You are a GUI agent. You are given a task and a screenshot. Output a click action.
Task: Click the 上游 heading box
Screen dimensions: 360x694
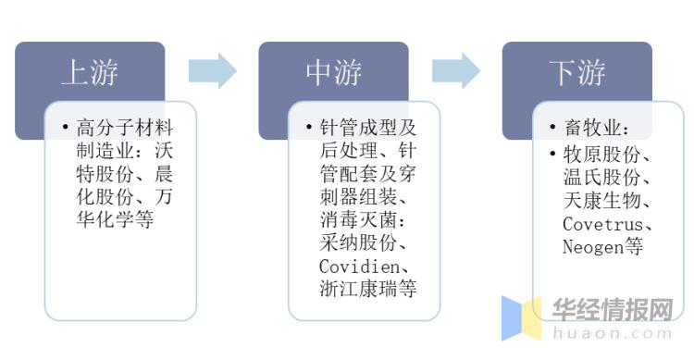point(90,72)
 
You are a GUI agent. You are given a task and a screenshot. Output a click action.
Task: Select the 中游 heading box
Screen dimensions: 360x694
point(333,72)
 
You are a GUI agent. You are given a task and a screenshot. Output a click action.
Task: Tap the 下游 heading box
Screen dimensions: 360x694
point(576,72)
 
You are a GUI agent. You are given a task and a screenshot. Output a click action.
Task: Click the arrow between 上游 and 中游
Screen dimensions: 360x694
point(213,70)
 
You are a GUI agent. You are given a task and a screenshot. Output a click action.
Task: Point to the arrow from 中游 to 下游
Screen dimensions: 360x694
point(456,70)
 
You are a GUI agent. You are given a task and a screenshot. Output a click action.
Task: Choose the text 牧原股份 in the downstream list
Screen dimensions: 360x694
point(605,153)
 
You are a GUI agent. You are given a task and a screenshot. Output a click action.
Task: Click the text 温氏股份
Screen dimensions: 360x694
point(605,177)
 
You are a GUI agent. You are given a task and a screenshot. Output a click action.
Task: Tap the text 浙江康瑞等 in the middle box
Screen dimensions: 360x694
point(366,290)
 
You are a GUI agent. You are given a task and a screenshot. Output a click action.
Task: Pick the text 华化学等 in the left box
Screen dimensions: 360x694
point(114,220)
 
